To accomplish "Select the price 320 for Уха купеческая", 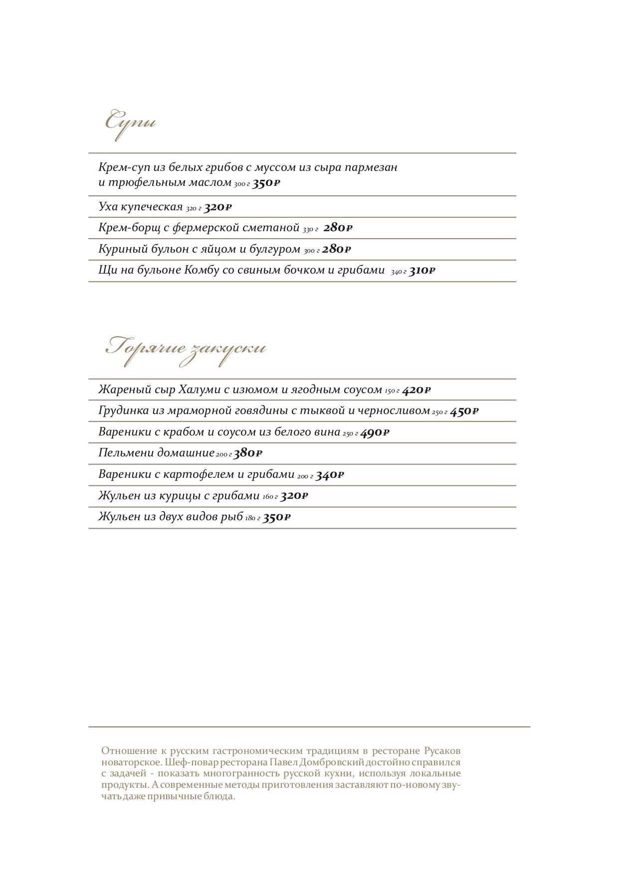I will (x=217, y=207).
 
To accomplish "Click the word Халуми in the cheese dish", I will (x=199, y=390).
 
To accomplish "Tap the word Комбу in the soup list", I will (x=202, y=270).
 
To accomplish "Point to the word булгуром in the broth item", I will (x=277, y=249).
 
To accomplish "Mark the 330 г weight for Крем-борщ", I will (x=310, y=230).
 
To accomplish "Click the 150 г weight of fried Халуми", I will (x=392, y=392).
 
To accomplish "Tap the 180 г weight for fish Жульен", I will (x=252, y=519).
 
